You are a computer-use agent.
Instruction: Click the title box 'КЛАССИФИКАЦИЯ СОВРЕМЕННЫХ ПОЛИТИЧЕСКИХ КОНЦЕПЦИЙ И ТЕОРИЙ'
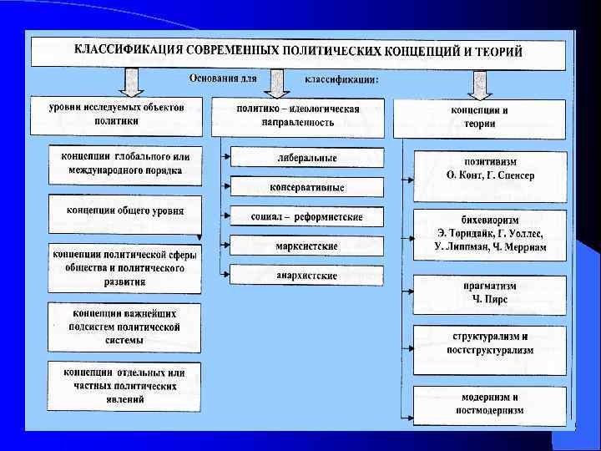[298, 52]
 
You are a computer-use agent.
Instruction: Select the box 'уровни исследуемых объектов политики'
[117, 115]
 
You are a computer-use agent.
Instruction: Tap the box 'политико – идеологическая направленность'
[297, 116]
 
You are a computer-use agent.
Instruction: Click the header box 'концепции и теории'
[479, 117]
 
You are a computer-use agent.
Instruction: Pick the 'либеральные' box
[306, 158]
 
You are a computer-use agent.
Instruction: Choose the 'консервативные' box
[306, 187]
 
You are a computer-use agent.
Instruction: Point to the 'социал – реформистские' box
[306, 216]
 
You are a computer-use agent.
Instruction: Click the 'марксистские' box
[306, 246]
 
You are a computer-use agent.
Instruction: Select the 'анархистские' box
[306, 275]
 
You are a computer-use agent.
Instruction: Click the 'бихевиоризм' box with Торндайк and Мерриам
[490, 236]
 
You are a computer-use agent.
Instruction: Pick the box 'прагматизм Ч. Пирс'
[490, 292]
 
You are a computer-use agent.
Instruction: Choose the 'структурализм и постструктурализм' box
[490, 343]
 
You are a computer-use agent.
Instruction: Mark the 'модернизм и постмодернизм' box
[490, 404]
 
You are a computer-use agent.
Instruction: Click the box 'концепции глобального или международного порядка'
[124, 165]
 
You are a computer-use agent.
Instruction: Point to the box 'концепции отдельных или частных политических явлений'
[124, 386]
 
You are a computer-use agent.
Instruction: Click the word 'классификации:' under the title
[341, 80]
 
